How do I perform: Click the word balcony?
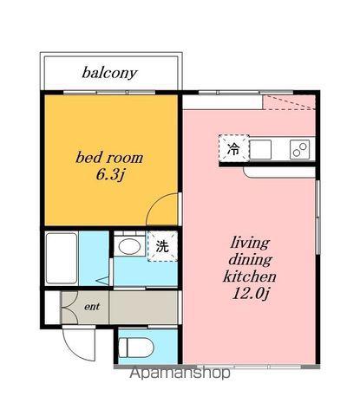109,73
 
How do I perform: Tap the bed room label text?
109,158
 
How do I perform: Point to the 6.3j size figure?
110,175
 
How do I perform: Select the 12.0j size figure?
251,294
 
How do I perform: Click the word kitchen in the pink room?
250,276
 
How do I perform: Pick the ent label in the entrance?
92,307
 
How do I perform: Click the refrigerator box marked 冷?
233,148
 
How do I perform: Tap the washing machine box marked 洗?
162,246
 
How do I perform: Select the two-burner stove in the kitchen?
300,149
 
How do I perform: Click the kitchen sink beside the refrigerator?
260,149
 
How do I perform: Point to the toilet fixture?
136,348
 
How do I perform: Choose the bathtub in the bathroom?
62,258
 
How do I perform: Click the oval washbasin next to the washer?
129,246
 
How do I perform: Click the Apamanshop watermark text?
180,373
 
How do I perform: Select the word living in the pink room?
251,244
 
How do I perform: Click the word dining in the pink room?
250,260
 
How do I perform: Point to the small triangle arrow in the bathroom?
103,280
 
